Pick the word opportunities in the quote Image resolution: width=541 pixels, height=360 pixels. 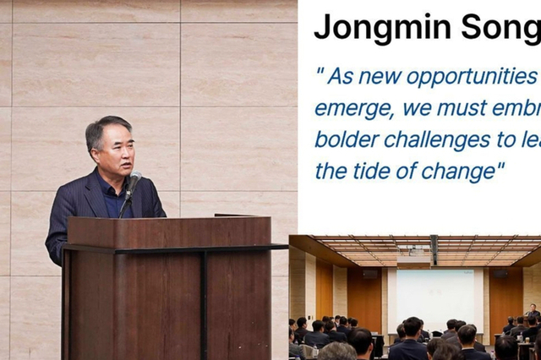click(473, 76)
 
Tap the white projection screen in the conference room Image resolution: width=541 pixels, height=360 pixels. click(435, 296)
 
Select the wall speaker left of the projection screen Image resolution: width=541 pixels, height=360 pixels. click(370, 274)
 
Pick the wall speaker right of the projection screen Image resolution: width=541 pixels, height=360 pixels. click(500, 274)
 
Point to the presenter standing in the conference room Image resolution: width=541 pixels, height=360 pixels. click(533, 312)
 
